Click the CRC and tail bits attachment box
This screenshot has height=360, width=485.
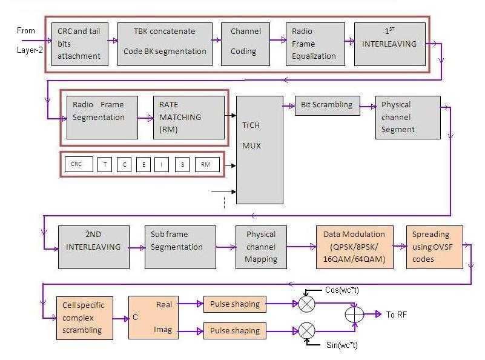pos(79,44)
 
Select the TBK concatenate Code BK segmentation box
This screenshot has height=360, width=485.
pos(164,44)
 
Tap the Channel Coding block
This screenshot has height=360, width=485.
pos(245,44)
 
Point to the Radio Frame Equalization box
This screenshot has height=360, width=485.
pos(315,44)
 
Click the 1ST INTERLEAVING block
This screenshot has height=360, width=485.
pos(390,44)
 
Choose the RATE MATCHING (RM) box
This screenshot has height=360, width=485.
pos(188,117)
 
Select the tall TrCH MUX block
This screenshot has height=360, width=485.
pos(259,149)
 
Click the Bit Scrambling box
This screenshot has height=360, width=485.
pos(327,105)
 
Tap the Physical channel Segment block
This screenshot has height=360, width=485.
pos(407,117)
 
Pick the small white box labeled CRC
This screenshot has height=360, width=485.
pos(79,164)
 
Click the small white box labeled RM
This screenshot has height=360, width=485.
pos(207,164)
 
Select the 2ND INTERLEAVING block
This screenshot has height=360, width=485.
pos(94,247)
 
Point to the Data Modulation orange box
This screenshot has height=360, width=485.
pos(354,247)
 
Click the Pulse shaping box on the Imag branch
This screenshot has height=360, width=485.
pos(234,331)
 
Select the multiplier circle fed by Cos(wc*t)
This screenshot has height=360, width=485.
pos(307,304)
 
